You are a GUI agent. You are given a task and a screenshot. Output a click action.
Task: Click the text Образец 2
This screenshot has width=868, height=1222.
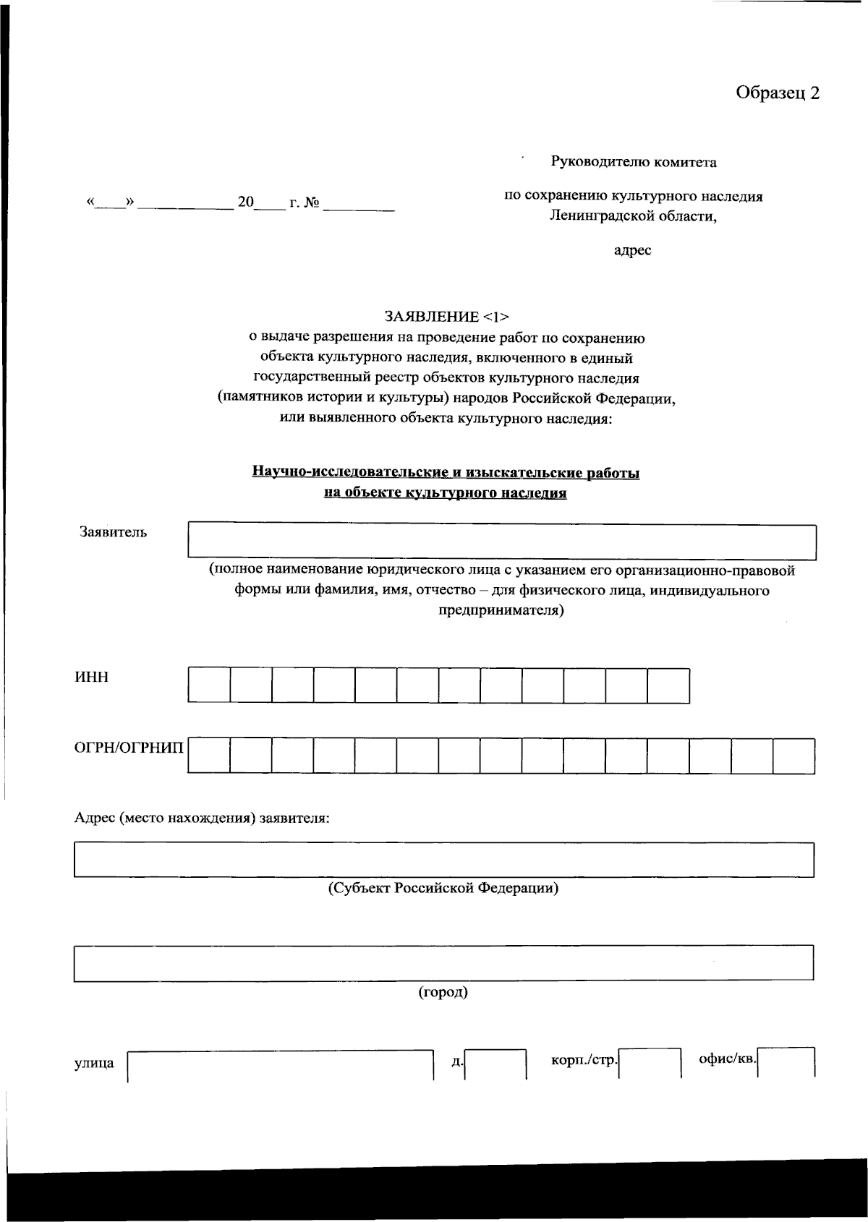point(778,93)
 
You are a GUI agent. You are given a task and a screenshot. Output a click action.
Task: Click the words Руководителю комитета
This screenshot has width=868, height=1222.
point(634,162)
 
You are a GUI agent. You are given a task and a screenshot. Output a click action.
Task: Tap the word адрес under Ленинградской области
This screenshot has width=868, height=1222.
point(632,250)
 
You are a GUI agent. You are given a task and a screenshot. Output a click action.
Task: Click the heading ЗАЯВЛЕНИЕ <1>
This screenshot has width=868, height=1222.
point(447,317)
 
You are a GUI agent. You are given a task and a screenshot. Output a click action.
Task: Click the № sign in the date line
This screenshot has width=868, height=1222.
point(311,203)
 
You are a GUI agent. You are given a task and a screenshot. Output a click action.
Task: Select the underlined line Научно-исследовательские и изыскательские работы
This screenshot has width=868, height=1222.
point(446,473)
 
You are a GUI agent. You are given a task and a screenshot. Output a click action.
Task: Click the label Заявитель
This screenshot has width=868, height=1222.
point(113,533)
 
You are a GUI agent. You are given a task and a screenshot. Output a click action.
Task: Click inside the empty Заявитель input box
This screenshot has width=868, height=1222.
point(502,542)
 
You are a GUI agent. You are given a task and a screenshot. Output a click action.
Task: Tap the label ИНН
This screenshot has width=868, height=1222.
point(92,678)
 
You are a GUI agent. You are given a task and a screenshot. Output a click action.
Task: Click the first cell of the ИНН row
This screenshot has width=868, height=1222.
point(209,685)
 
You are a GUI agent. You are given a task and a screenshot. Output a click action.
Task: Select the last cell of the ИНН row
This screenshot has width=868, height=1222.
point(668,685)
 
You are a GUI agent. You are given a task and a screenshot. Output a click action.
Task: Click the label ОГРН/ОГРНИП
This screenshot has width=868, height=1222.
point(129,748)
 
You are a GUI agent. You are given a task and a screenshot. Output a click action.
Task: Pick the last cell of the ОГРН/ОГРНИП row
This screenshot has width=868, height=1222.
point(793,756)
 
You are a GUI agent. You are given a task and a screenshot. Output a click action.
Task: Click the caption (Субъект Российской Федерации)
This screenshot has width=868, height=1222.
point(443,888)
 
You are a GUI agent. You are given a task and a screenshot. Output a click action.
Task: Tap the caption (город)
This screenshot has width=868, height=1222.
point(443,992)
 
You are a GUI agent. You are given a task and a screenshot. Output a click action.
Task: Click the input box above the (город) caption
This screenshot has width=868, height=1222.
point(443,963)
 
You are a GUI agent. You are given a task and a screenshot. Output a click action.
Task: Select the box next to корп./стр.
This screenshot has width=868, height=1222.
point(650,1064)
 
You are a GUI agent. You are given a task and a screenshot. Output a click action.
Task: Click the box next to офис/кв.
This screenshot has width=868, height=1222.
point(787,1063)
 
